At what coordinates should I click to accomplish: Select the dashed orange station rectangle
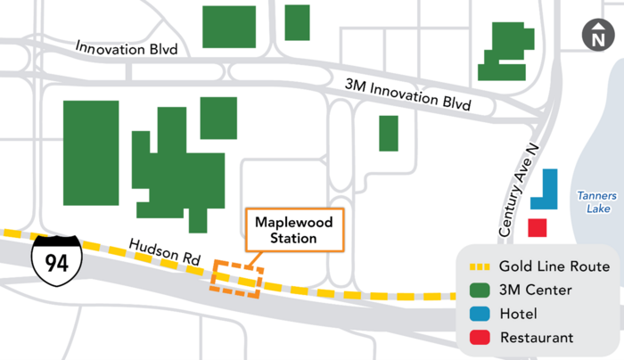pos(236,279)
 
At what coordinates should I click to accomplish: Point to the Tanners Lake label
pos(594,202)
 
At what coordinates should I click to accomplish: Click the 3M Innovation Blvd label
pos(407,93)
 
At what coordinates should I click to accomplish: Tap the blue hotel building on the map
pos(546,190)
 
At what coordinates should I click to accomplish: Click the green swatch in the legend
pos(480,290)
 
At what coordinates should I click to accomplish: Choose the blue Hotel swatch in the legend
pos(480,314)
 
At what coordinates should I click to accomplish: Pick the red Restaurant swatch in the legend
pos(480,338)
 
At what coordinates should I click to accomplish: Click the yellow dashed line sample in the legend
pos(479,266)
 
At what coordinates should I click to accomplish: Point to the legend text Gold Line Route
pos(554,266)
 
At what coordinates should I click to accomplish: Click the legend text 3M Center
pos(536,290)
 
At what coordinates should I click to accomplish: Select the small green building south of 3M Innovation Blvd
pos(389,134)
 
